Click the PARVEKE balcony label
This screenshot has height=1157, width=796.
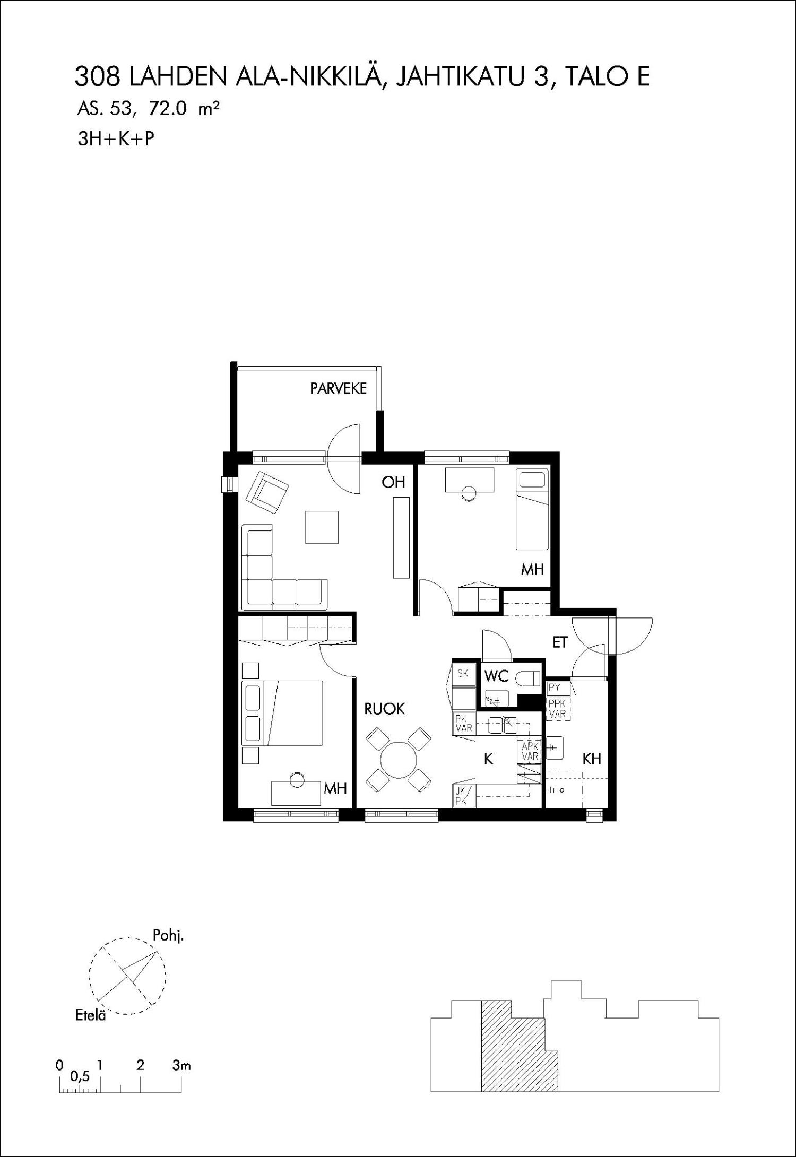(338, 388)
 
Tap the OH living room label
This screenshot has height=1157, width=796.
(393, 482)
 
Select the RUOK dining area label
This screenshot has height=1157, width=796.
(385, 709)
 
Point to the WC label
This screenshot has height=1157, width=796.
(497, 676)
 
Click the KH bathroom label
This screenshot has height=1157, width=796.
(592, 759)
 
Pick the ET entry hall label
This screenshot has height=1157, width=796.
(560, 642)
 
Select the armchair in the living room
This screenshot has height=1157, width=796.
(267, 492)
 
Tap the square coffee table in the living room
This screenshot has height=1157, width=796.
(322, 527)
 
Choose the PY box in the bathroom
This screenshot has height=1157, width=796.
(558, 689)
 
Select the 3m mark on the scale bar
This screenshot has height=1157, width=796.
(181, 1065)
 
